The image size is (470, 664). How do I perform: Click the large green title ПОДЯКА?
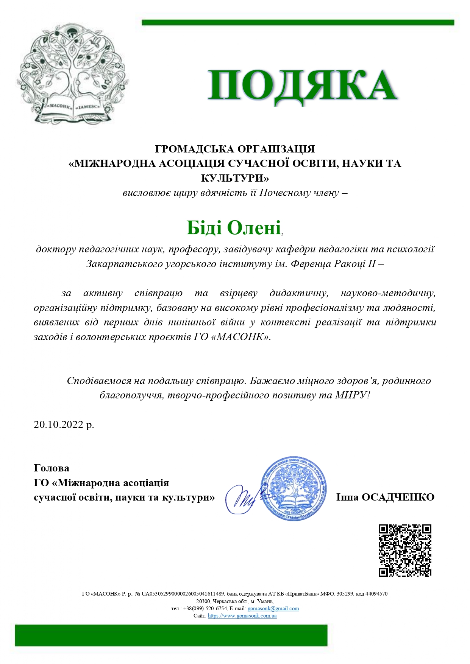click(302, 86)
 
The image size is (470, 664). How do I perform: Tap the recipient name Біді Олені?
click(234, 228)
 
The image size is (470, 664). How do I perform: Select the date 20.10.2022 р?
click(64, 425)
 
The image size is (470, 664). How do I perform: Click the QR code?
click(405, 550)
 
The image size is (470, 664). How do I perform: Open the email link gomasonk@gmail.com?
click(273, 609)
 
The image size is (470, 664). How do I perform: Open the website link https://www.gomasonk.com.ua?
click(242, 616)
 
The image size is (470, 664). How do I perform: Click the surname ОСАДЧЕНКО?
click(398, 497)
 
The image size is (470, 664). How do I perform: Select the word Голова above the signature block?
click(52, 468)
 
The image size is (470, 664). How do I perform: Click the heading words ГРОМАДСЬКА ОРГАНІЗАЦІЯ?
click(235, 149)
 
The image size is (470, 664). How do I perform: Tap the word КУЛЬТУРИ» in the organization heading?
click(235, 178)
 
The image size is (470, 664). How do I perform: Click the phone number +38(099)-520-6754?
click(205, 609)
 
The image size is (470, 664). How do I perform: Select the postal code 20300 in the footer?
click(203, 601)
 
